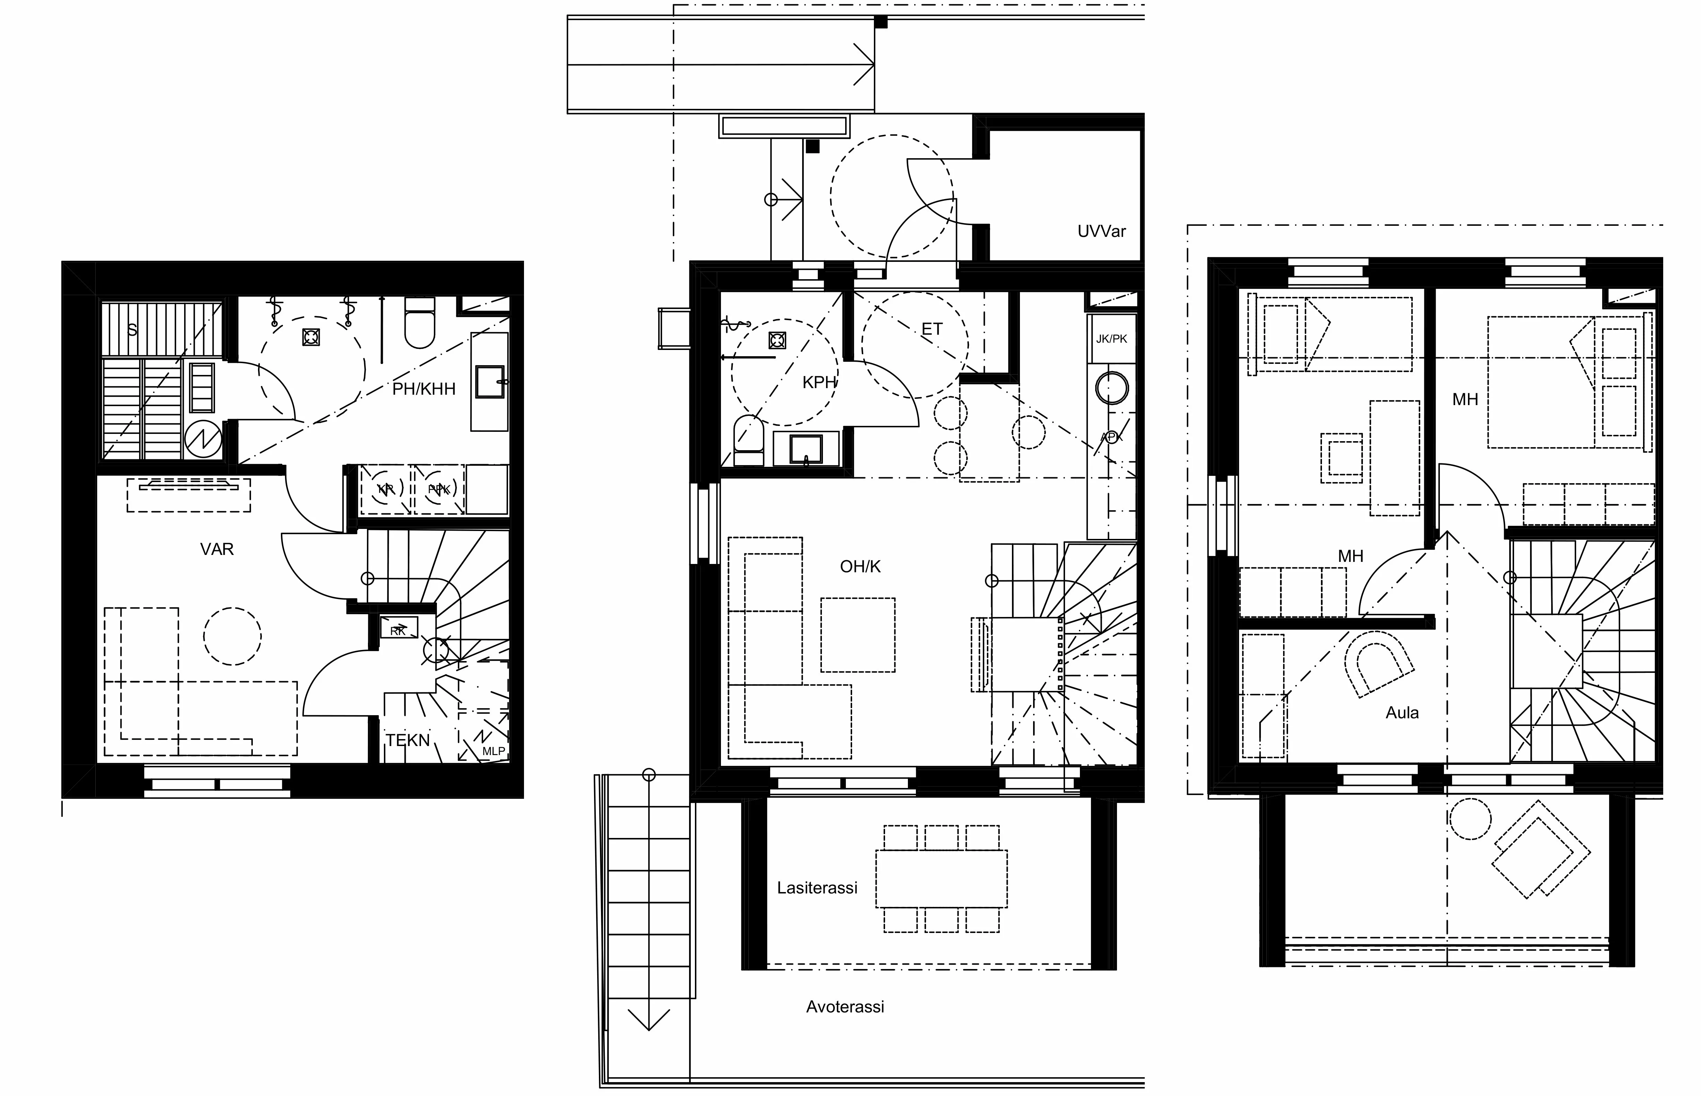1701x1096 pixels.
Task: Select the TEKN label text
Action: [407, 740]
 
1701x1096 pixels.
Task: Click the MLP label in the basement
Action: [493, 751]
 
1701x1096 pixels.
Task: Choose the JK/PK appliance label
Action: [1111, 339]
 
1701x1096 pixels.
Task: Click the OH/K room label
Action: [860, 566]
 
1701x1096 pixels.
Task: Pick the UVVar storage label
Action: [1101, 231]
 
